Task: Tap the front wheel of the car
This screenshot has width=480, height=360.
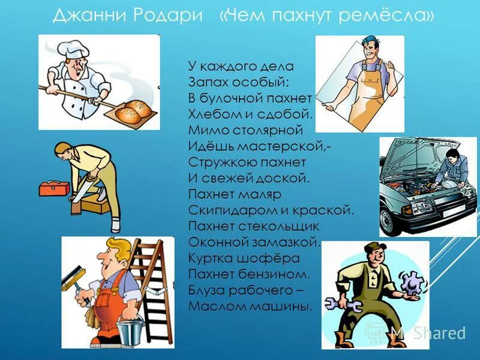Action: pos(393,219)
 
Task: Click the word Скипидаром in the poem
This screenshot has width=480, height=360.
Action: pos(225,211)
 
